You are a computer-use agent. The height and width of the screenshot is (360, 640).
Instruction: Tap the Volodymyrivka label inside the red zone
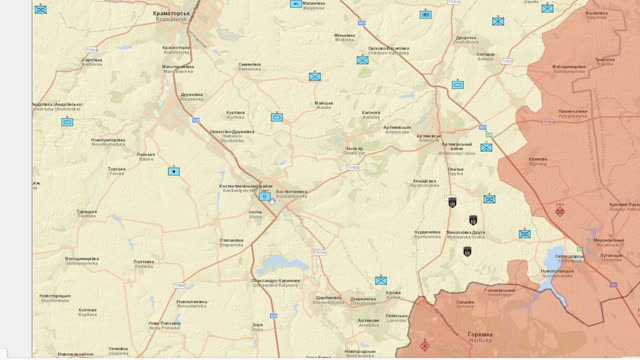[x=569, y=68]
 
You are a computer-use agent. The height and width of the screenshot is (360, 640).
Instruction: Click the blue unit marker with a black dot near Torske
[x=173, y=171]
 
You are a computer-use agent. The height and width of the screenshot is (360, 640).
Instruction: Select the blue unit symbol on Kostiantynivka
[x=264, y=197]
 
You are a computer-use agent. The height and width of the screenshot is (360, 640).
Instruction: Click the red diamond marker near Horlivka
[x=425, y=346]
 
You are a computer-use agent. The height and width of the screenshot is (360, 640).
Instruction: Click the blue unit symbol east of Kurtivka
[x=277, y=117]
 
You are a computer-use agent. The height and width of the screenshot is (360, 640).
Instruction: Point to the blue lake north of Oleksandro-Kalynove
[x=274, y=264]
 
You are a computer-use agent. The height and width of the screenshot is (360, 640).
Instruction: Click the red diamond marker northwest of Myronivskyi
[x=560, y=210]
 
